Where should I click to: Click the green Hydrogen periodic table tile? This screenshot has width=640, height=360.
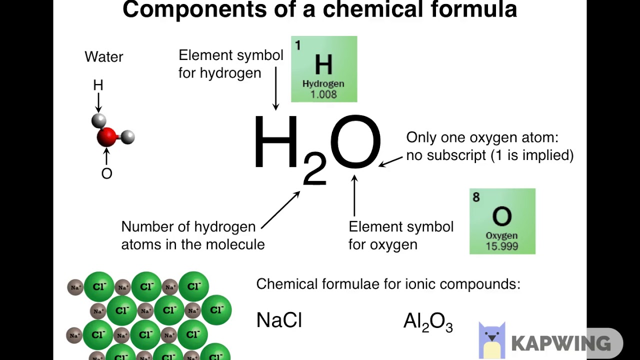click(x=324, y=69)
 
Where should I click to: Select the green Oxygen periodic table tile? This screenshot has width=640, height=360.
click(x=502, y=221)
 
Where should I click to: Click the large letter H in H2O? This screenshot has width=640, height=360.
click(x=276, y=142)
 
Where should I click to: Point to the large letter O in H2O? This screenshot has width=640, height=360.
click(x=355, y=142)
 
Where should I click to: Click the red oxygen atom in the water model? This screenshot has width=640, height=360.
click(x=106, y=136)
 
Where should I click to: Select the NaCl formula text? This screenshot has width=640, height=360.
click(x=279, y=320)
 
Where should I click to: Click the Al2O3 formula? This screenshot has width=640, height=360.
click(x=428, y=322)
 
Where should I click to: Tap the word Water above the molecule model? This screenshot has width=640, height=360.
click(x=104, y=57)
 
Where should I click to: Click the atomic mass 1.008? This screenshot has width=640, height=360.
click(x=323, y=94)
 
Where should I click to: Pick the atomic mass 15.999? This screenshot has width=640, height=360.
click(x=501, y=246)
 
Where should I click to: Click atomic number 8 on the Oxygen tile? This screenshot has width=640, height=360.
click(x=476, y=197)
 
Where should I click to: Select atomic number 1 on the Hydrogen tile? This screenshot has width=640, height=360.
click(x=297, y=46)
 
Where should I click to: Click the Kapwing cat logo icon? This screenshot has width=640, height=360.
click(x=492, y=340)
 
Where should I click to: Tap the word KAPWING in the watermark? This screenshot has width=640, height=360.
click(x=560, y=343)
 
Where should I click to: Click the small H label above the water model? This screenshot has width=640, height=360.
click(x=98, y=85)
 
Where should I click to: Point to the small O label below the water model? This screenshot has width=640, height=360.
click(x=106, y=174)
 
